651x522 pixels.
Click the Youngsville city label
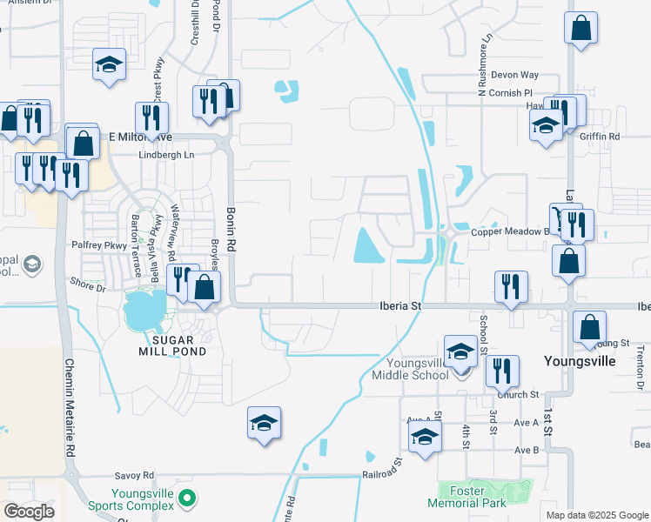point(580,360)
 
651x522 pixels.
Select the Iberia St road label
point(400,306)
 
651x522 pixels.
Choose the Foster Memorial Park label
point(466,497)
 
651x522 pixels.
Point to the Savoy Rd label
point(135,476)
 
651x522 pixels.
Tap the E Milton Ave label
point(140,137)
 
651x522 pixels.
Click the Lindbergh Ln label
point(166,155)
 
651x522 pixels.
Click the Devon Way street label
point(514,76)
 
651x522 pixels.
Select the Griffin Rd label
point(601,137)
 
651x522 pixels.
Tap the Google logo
point(30,512)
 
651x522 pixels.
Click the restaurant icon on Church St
point(502,370)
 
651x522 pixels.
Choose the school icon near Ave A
point(425,438)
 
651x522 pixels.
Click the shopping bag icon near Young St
point(590,327)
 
